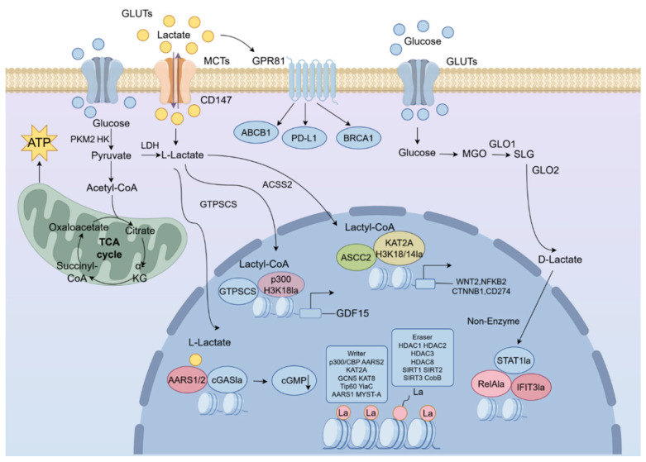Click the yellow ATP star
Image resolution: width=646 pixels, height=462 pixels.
pos(39,143)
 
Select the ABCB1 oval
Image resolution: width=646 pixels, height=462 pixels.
pos(256,132)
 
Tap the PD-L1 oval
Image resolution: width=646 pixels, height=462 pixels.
pos(304,138)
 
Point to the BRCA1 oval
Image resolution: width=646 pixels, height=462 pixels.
pos(358,138)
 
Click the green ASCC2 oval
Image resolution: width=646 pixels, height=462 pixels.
pos(356,258)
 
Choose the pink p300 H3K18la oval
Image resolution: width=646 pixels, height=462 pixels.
pos(281,284)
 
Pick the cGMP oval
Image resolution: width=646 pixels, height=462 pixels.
pos(294,381)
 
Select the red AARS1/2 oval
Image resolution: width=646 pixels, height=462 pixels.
pos(187,379)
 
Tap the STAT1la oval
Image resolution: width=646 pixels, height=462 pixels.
pos(514,360)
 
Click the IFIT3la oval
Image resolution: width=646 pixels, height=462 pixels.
pos(531,387)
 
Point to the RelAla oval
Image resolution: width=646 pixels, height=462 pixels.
pos(491,384)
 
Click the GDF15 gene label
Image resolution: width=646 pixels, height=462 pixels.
pos(352,313)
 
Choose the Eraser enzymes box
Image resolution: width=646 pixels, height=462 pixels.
pos(423,357)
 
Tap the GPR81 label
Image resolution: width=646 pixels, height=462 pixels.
pos(268,61)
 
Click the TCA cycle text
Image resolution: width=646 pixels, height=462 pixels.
pos(109,248)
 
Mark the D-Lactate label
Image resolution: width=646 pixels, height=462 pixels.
pos(560,260)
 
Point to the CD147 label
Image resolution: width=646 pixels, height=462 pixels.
pos(216,100)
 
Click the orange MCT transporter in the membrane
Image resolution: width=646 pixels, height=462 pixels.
pos(175,80)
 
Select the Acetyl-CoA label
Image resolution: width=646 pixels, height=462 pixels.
pos(112,188)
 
